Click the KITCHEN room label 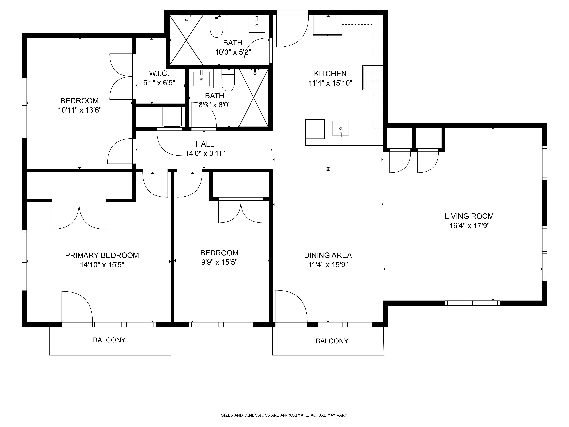click(330, 74)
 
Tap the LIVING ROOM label click(469, 216)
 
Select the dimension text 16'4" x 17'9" click(469, 226)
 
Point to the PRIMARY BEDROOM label click(102, 255)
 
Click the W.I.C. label click(159, 74)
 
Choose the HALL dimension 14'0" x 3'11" click(205, 154)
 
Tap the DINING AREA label click(328, 255)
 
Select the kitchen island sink click(341, 128)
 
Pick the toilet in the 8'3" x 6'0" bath click(228, 80)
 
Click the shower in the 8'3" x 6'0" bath click(254, 98)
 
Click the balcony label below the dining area click(332, 341)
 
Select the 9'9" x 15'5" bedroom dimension click(219, 262)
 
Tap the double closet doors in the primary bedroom click(79, 214)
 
